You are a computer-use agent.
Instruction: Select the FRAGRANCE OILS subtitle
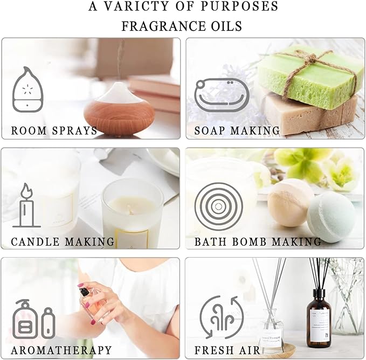tap(182, 26)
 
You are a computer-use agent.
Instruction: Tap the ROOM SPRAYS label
tap(54, 130)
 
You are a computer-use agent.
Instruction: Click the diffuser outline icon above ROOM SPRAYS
tap(25, 89)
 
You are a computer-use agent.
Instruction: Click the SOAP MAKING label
tap(237, 130)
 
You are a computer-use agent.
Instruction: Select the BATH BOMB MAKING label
tap(258, 241)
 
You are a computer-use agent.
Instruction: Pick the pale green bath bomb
tap(330, 217)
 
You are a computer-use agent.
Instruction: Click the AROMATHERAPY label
tap(61, 350)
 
